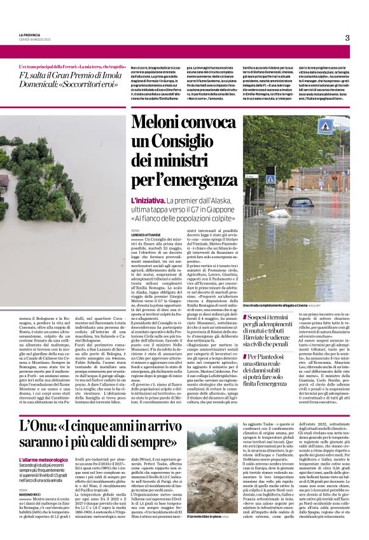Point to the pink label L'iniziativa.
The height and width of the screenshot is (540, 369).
[146, 200]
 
